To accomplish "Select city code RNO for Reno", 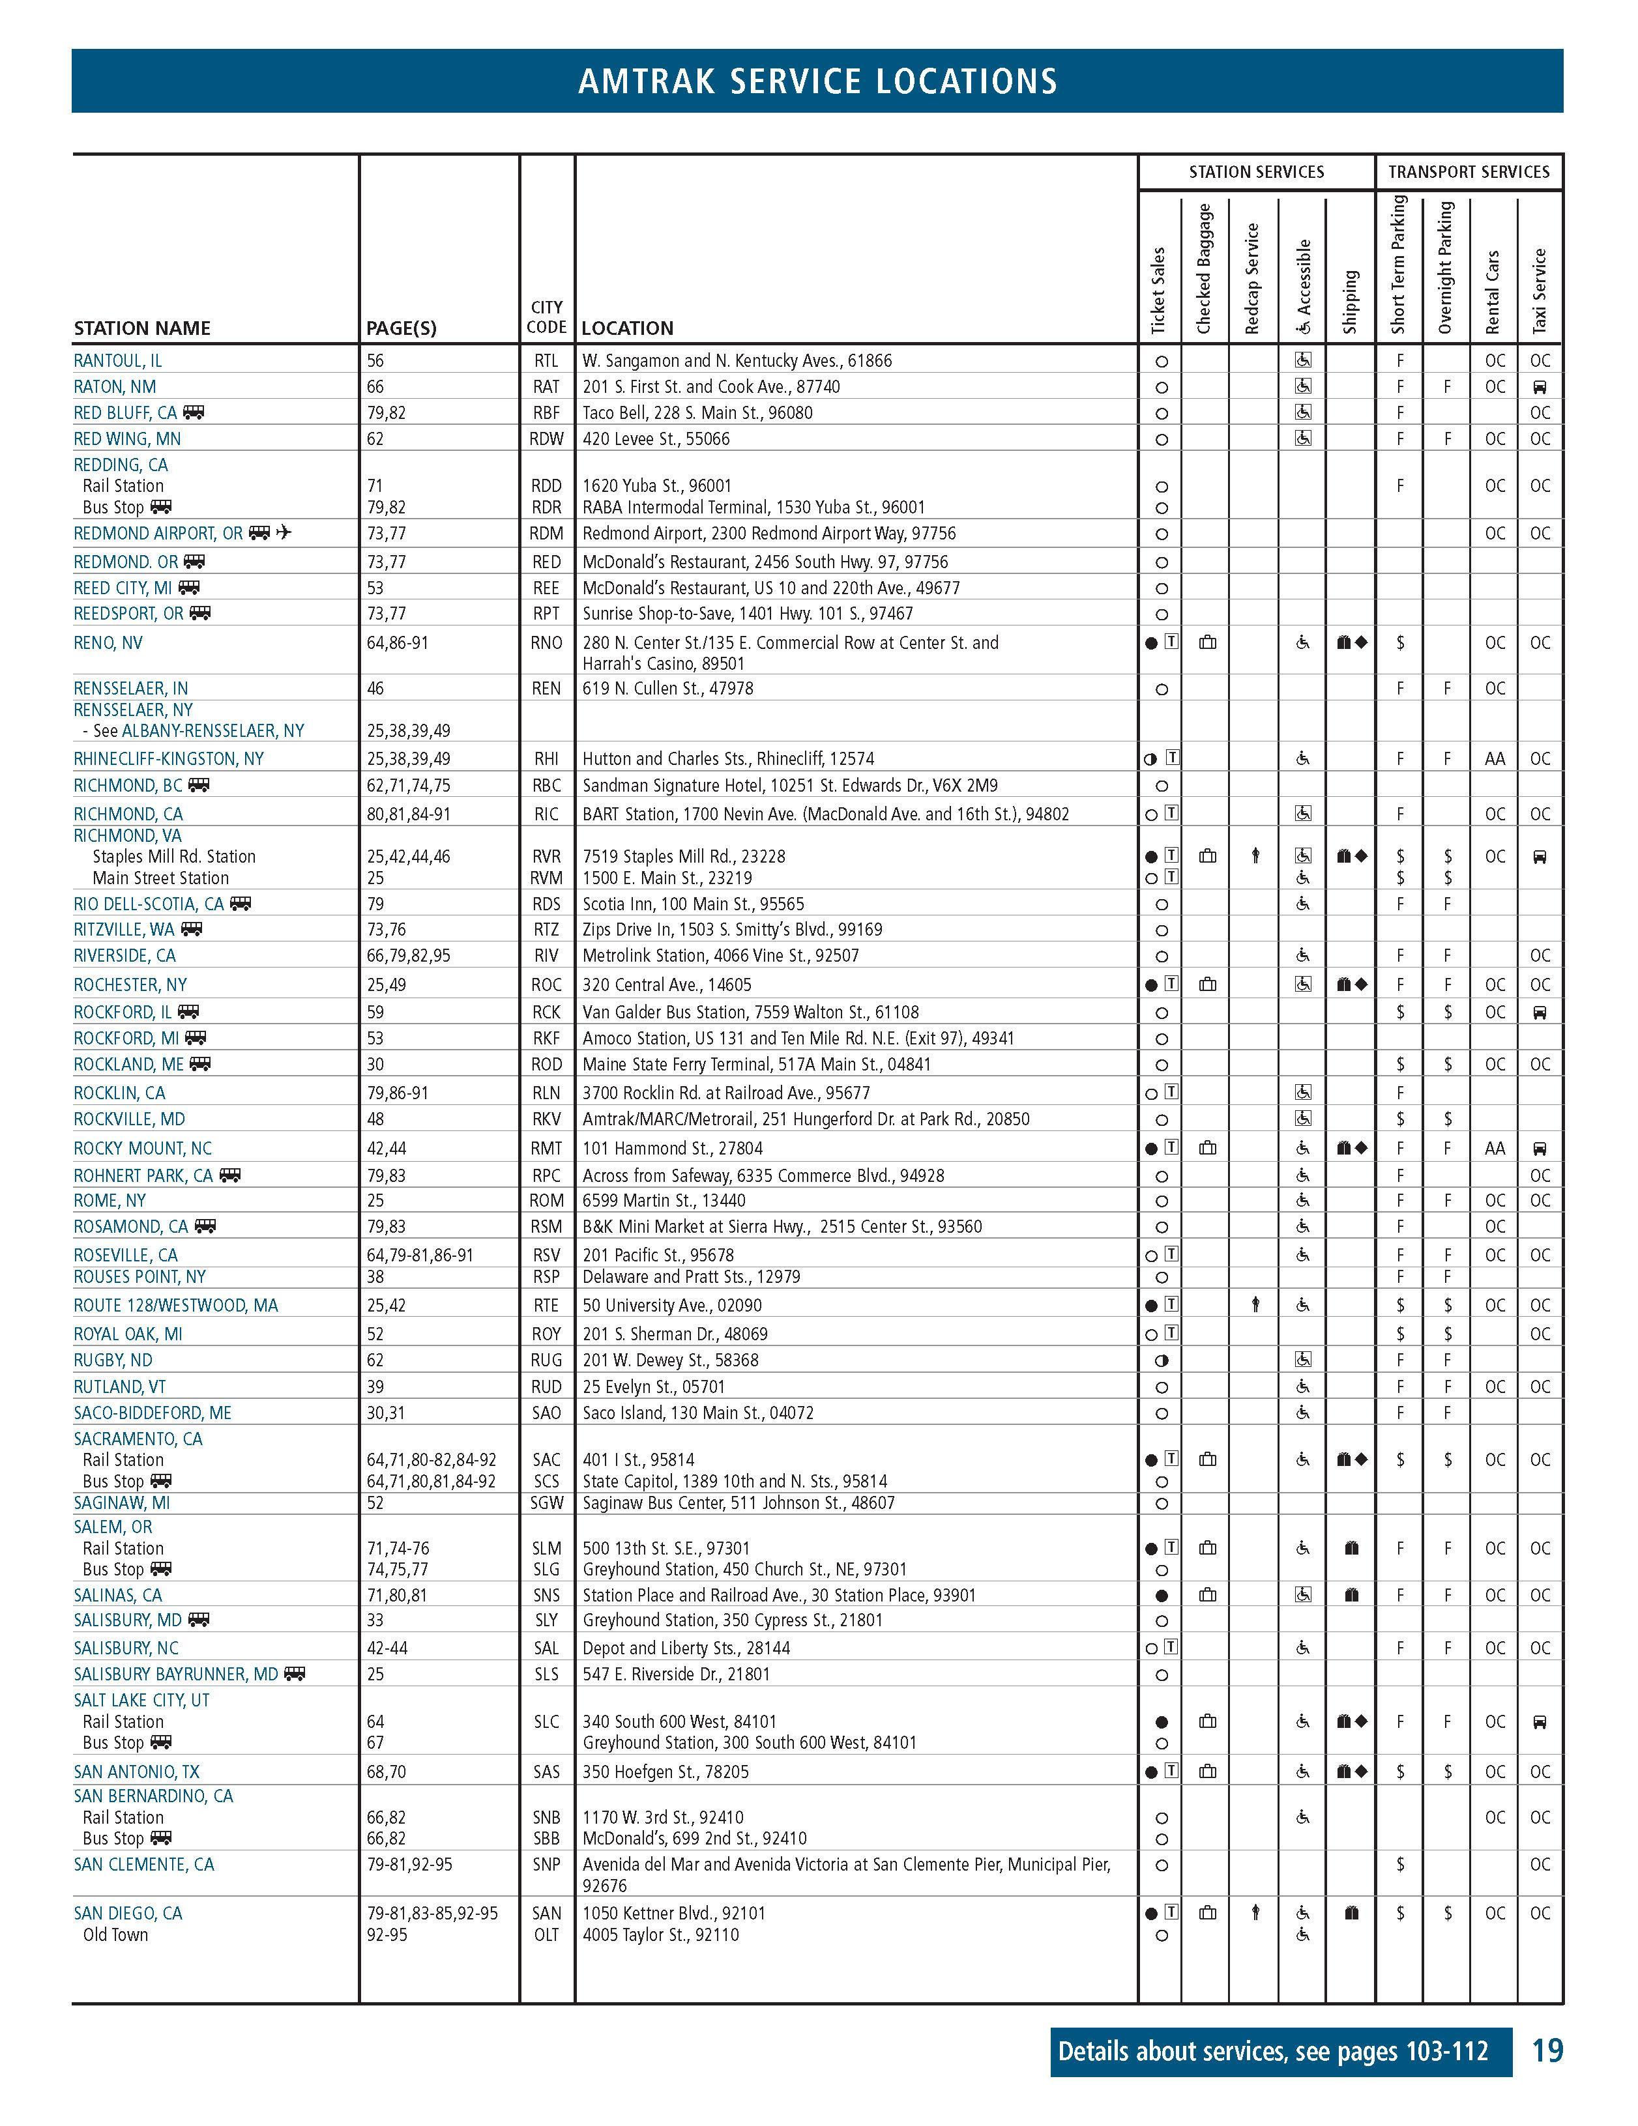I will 546,642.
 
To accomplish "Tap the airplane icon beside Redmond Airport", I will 284,532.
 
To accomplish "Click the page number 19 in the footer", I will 1547,2051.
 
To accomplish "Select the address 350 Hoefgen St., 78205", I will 666,1772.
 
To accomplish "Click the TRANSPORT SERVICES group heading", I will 1469,172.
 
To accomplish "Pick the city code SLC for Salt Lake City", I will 546,1721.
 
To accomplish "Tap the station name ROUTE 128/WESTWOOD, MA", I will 175,1306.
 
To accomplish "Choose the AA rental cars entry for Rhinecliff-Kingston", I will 1494,758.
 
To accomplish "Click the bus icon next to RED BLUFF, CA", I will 194,412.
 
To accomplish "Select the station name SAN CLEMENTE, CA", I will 143,1864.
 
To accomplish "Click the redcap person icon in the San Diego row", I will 1255,1913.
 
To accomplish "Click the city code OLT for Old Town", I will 546,1934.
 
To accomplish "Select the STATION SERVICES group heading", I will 1256,172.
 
